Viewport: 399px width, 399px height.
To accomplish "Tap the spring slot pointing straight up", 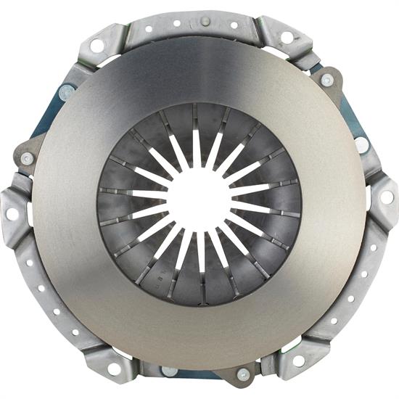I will (197, 149).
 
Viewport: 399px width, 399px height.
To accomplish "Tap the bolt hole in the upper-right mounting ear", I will (287, 37).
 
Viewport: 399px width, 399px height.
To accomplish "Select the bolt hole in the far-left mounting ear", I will (12, 214).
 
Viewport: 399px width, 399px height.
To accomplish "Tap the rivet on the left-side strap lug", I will (27, 158).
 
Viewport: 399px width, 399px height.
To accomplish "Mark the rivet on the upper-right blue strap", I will (327, 80).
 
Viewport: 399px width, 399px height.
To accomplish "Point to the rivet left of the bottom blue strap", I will (168, 371).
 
